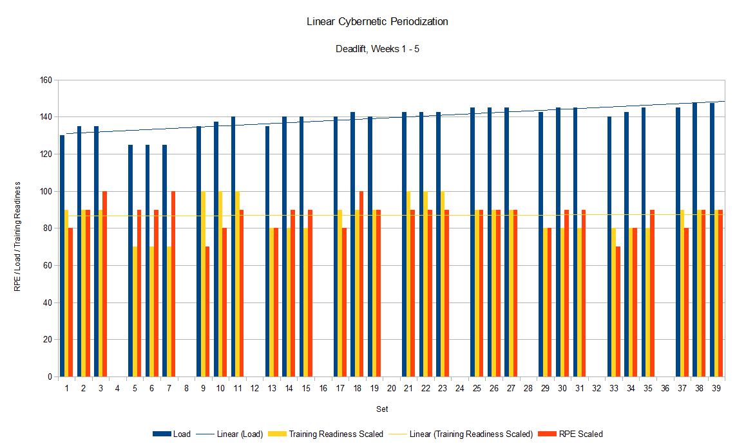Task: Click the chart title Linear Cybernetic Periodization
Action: [377, 22]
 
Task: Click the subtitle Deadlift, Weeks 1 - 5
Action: [377, 48]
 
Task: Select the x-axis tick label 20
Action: [391, 389]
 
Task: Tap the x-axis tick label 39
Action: [716, 389]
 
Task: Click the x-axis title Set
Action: [383, 409]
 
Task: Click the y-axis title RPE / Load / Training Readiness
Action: [18, 236]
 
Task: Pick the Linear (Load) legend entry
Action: [240, 434]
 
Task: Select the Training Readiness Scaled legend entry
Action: [335, 434]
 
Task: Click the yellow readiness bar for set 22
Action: [426, 284]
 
